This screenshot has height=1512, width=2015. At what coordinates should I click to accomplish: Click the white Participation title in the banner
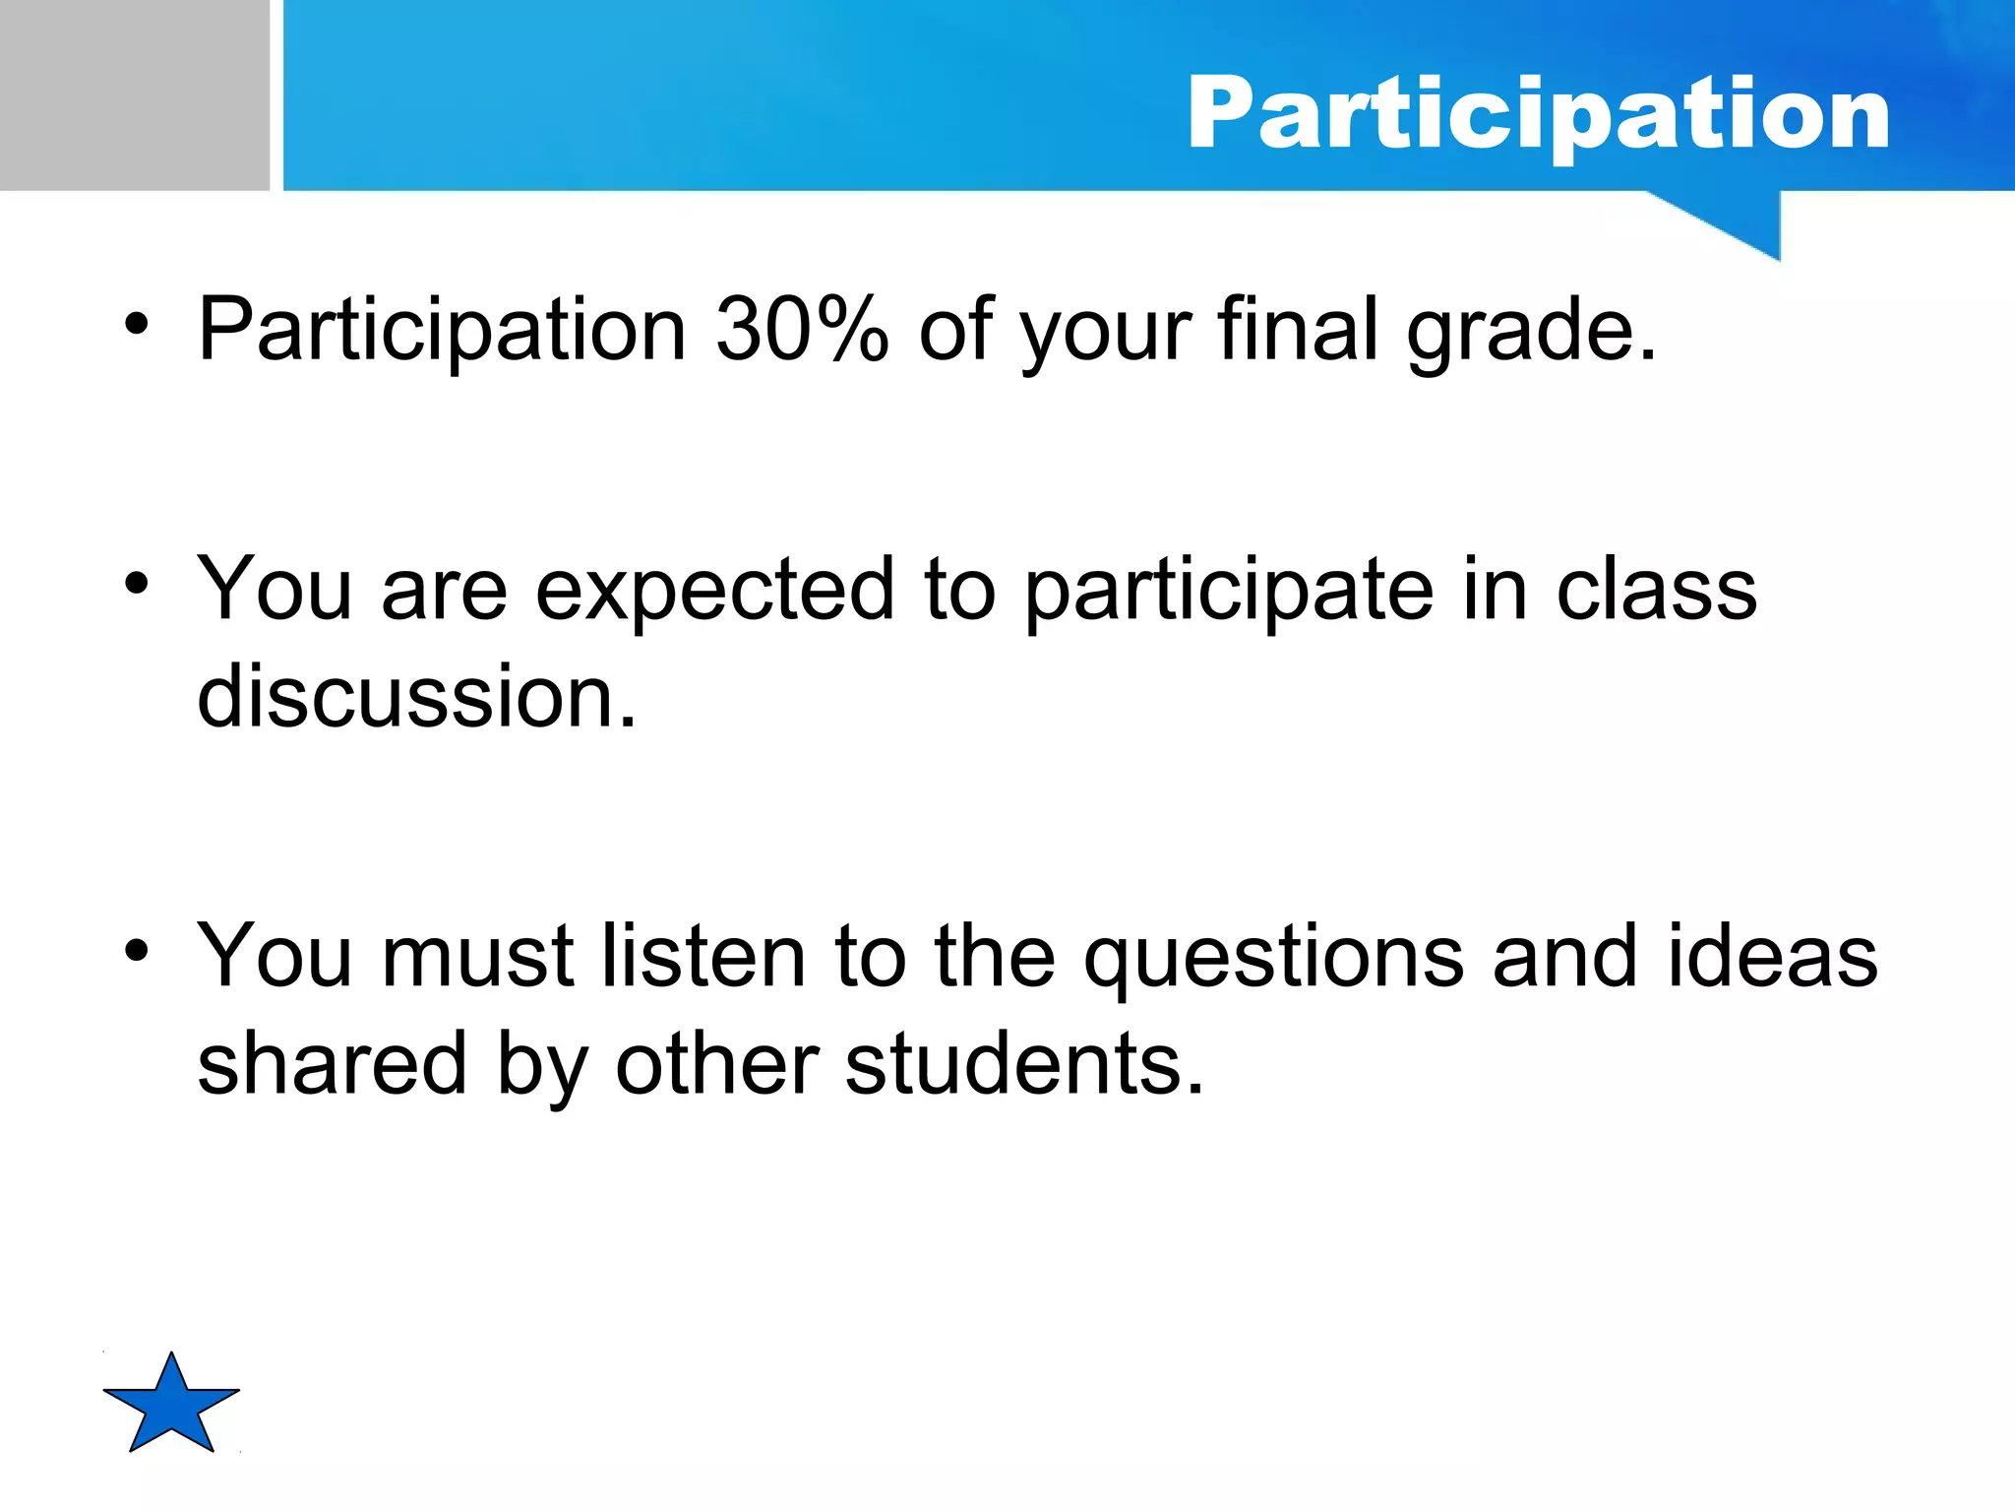(1538, 115)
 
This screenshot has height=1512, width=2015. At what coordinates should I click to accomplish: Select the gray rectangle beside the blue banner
(134, 94)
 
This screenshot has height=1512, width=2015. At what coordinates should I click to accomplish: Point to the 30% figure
(801, 330)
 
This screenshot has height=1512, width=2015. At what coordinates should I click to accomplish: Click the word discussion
(417, 697)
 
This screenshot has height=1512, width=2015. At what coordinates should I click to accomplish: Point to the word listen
(703, 957)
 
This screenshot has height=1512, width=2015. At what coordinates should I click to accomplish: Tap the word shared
(332, 1065)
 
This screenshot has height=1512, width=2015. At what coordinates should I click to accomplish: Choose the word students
(1023, 1065)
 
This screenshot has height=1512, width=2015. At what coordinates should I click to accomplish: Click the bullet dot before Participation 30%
(137, 324)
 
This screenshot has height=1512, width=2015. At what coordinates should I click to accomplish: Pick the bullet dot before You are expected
(137, 584)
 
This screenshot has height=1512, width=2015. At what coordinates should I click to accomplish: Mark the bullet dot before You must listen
(137, 951)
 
